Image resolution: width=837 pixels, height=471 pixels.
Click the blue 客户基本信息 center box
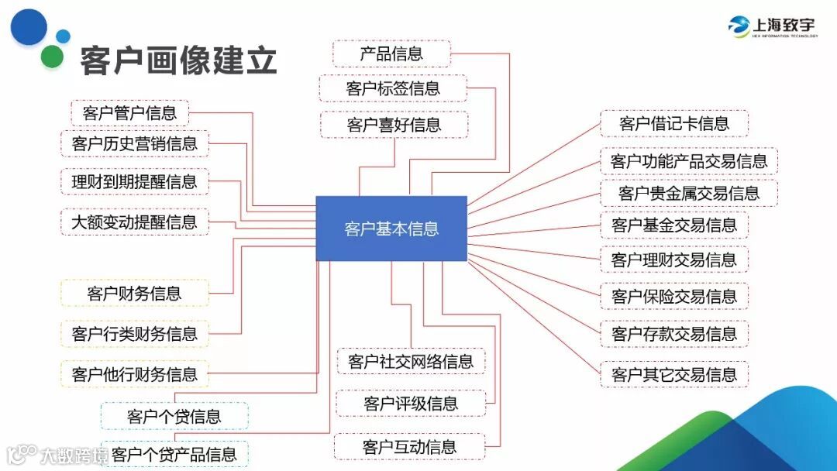(391, 229)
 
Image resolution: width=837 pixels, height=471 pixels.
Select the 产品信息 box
(391, 53)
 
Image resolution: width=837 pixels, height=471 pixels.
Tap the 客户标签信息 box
(393, 88)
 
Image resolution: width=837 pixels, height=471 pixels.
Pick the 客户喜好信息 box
(394, 125)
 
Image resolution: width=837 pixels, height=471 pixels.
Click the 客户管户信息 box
(129, 113)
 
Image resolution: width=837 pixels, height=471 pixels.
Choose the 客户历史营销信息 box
(135, 143)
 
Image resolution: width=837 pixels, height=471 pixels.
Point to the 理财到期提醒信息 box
(135, 182)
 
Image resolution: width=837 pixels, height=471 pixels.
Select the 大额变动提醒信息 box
(135, 222)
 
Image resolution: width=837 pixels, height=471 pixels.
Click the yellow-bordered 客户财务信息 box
(135, 294)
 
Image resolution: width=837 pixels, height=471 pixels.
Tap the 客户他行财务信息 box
(135, 375)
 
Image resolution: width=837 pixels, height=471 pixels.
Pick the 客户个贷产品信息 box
(174, 454)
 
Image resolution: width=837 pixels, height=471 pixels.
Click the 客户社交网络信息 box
(411, 362)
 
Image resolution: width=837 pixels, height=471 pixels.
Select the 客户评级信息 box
(411, 404)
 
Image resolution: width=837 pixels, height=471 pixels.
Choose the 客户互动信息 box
(409, 447)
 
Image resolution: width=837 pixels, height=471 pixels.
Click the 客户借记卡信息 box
(674, 124)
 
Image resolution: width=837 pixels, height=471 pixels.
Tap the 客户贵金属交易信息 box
(689, 193)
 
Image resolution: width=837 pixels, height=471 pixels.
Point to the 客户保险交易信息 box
(674, 296)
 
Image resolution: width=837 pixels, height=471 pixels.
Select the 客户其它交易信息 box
(674, 375)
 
